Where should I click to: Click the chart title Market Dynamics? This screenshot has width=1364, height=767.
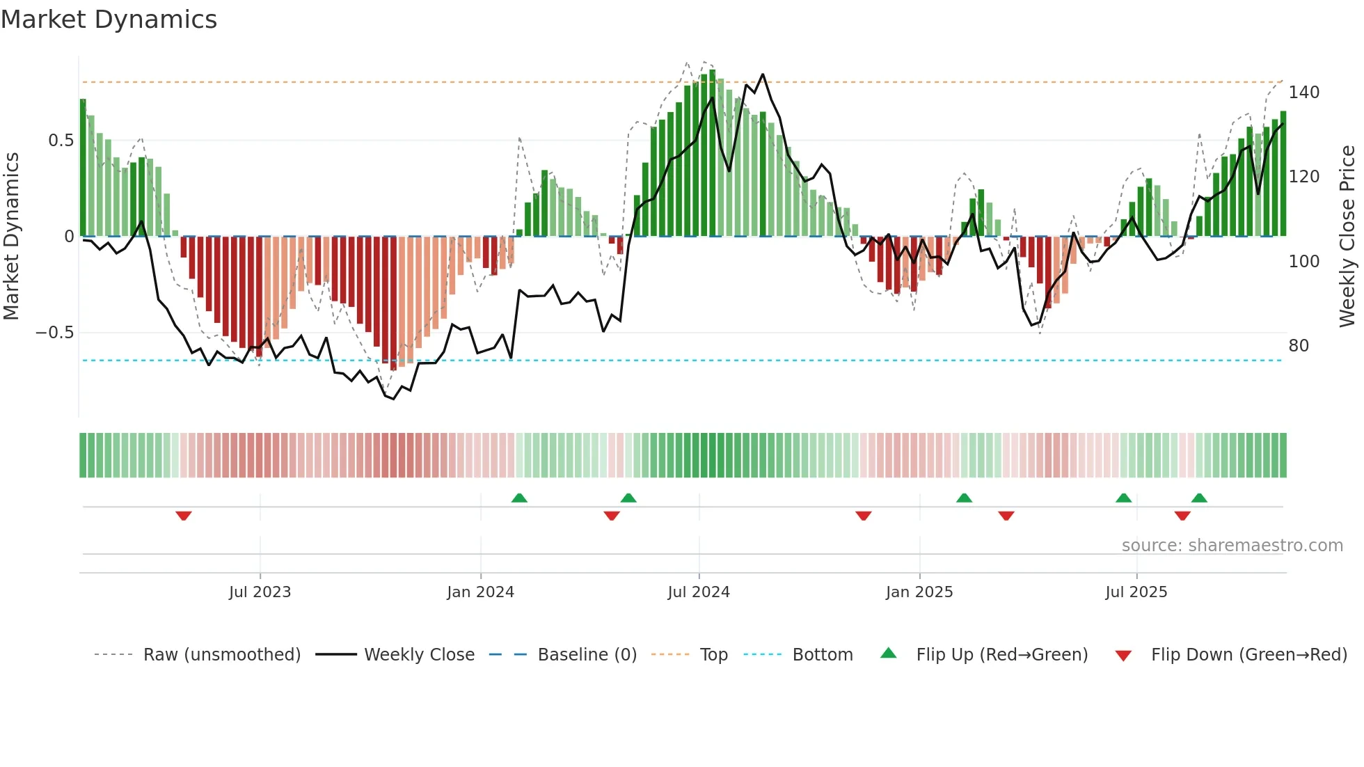click(109, 19)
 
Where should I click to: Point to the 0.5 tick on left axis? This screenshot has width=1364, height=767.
click(61, 141)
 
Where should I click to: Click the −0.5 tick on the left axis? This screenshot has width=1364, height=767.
click(55, 333)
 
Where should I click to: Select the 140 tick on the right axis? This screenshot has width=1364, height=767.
click(1303, 93)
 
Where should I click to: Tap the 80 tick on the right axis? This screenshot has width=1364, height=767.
click(1299, 346)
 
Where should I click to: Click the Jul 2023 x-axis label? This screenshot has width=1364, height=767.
click(260, 592)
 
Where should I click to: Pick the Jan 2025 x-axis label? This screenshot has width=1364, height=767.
click(919, 592)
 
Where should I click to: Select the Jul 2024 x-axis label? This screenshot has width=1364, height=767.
click(698, 592)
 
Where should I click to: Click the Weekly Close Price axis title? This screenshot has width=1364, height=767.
click(1347, 236)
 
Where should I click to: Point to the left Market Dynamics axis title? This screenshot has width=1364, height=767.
click(11, 236)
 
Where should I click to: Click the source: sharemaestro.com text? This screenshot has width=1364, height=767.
click(1232, 546)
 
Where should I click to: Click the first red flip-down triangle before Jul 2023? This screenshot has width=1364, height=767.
click(184, 516)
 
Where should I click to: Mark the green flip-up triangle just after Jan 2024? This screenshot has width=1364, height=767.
click(519, 498)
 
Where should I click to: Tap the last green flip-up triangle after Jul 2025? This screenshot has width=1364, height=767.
click(1199, 498)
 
